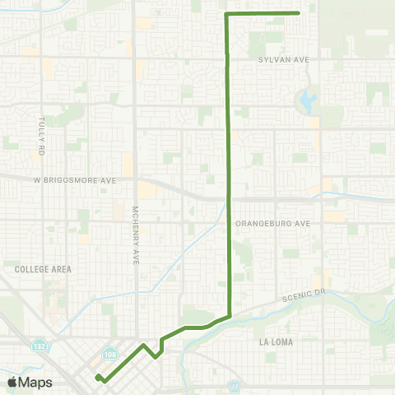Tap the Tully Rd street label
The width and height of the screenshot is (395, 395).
pos(39,136)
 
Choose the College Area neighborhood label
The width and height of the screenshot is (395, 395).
pos(43,268)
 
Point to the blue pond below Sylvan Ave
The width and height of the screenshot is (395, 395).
pos(308,102)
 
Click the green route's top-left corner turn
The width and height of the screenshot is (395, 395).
pos(226,14)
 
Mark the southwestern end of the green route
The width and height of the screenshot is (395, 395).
pos(97,377)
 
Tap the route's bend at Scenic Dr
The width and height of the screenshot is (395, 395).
pos(230,315)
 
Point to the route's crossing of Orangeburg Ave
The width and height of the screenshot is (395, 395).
pos(229,221)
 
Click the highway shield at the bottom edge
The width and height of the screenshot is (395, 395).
pos(235,384)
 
